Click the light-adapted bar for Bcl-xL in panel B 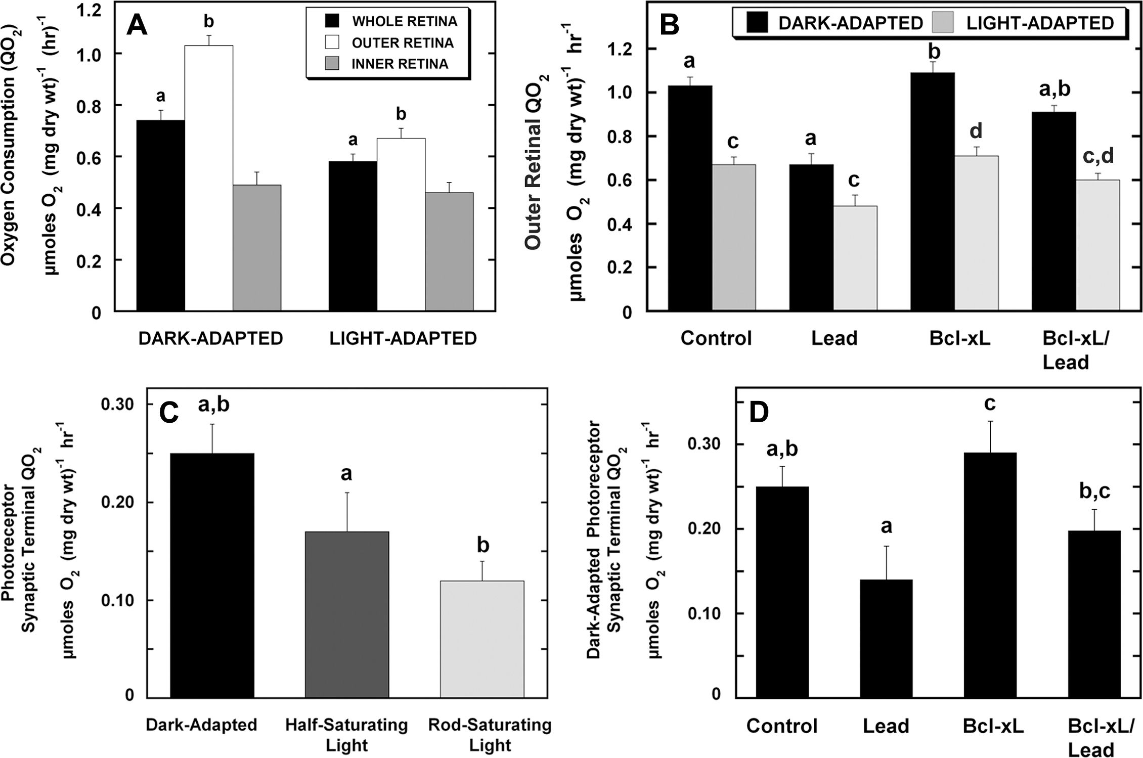[977, 233]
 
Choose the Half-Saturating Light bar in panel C [347, 615]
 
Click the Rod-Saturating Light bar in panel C [482, 640]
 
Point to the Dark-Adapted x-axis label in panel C [201, 725]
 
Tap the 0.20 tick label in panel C [117, 503]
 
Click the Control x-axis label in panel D [782, 726]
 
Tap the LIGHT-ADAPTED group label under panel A [403, 338]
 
